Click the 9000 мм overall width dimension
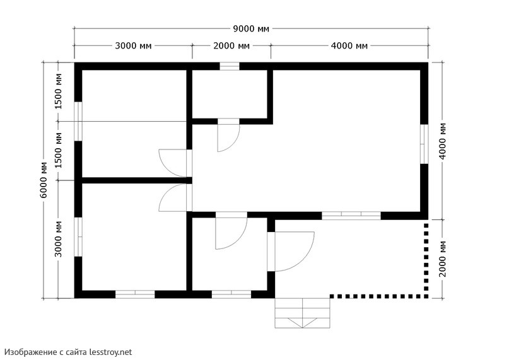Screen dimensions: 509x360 tap(251, 29)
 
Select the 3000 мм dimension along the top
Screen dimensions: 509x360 tap(133, 46)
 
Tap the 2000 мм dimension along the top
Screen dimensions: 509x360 tap(231, 46)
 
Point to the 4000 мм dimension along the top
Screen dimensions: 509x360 tap(349, 46)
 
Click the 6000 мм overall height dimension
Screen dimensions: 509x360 tap(44, 180)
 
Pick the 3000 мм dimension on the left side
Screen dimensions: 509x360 tap(59, 239)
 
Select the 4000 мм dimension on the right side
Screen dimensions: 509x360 tap(443, 141)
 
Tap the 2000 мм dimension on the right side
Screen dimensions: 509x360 tap(443, 258)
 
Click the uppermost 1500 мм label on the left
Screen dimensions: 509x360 tap(59, 91)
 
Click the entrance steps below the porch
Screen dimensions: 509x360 tap(302, 313)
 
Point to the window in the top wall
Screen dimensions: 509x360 tap(230, 66)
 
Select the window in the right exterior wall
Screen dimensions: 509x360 tap(424, 144)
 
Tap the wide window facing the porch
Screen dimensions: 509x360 tap(351, 216)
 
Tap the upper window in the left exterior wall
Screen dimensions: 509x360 tap(78, 122)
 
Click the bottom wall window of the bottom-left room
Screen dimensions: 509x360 tap(135, 294)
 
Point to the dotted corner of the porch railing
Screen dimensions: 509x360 tap(426, 296)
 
